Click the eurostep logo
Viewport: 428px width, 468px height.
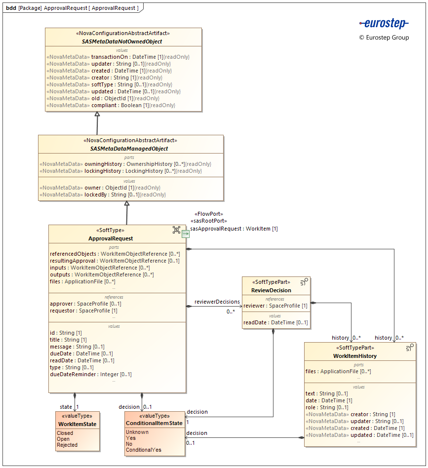pyautogui.click(x=384, y=23)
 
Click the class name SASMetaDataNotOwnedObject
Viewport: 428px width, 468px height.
pyautogui.click(x=122, y=41)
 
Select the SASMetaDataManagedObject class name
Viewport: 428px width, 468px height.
pyautogui.click(x=129, y=149)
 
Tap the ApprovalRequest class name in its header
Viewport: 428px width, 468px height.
pyautogui.click(x=110, y=238)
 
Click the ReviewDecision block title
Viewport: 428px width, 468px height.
pyautogui.click(x=271, y=290)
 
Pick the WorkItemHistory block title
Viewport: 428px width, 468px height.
pyautogui.click(x=355, y=356)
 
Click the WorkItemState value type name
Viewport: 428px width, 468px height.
pyautogui.click(x=77, y=424)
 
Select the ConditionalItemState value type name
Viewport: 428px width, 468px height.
pyautogui.click(x=154, y=423)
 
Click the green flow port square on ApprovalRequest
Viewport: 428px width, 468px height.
pyautogui.click(x=186, y=234)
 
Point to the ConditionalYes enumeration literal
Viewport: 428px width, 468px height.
pyautogui.click(x=143, y=450)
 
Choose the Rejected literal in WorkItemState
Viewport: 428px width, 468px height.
pyautogui.click(x=67, y=445)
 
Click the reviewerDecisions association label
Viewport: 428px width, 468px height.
pyautogui.click(x=217, y=302)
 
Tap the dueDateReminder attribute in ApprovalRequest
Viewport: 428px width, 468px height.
pyautogui.click(x=90, y=374)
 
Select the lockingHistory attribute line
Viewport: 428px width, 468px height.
pyautogui.click(x=120, y=171)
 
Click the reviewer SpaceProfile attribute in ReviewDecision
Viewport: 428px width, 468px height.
pyautogui.click(x=275, y=306)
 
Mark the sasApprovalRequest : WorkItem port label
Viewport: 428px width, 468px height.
pyautogui.click(x=234, y=229)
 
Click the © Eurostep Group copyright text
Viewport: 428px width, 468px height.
pyautogui.click(x=384, y=38)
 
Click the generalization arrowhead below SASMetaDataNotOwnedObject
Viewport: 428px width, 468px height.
pyautogui.click(x=97, y=115)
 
